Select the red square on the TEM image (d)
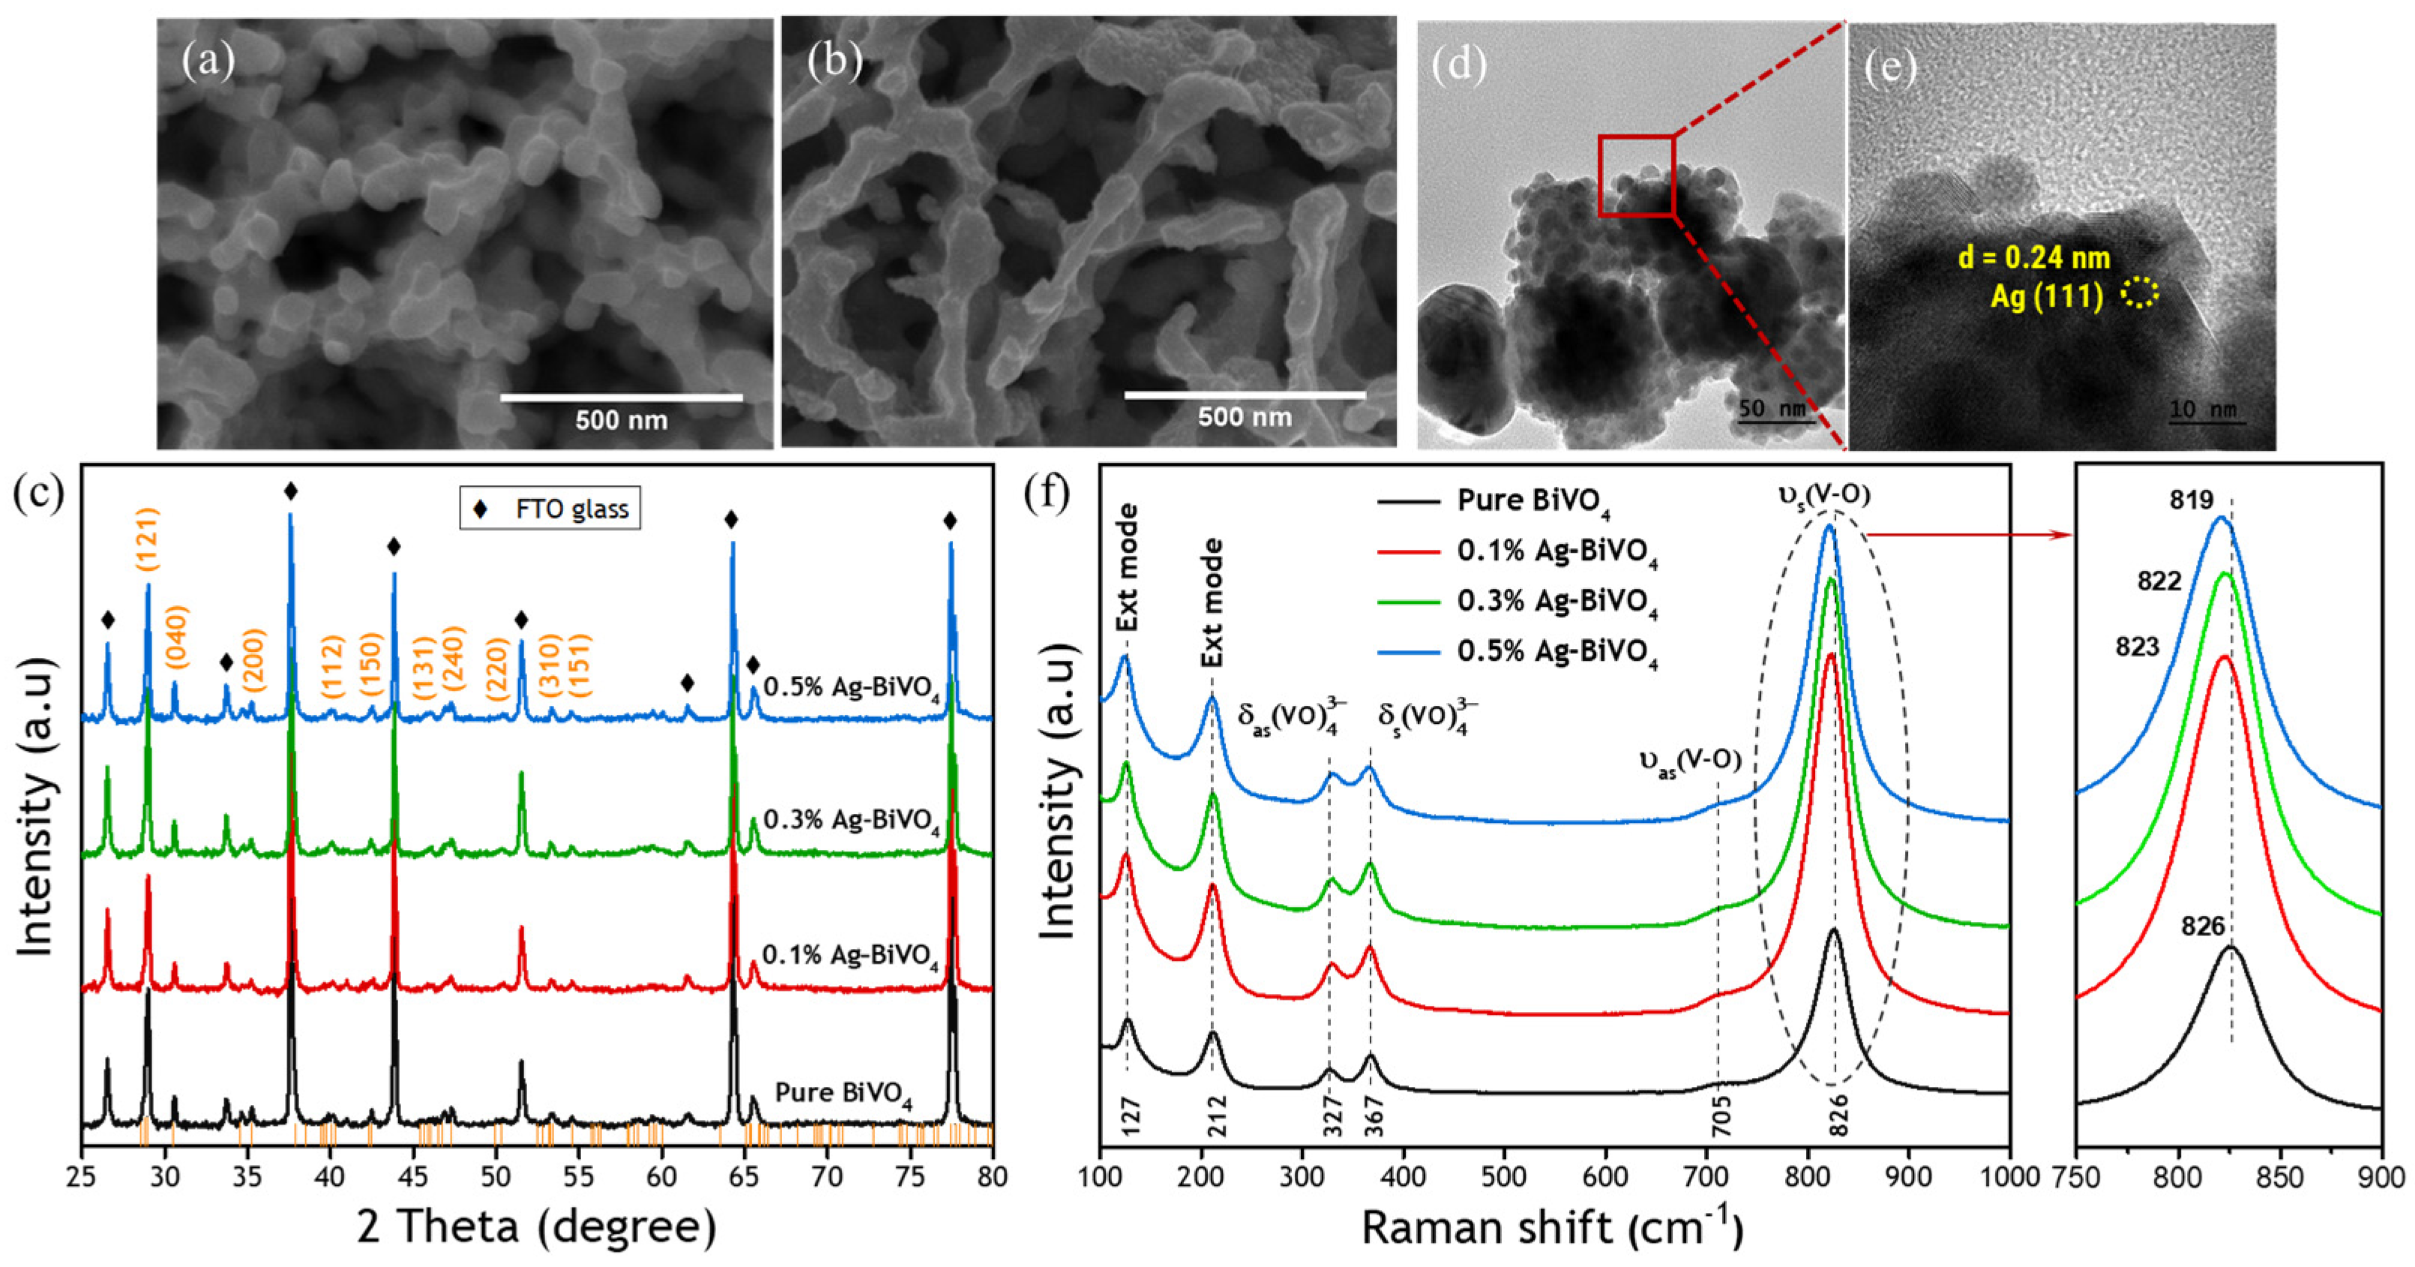coord(1636,176)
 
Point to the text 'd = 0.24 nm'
coord(2033,257)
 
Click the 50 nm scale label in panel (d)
coord(1771,409)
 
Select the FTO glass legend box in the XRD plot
coord(550,509)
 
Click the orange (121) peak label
coord(147,539)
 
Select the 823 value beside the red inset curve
coord(2137,647)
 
